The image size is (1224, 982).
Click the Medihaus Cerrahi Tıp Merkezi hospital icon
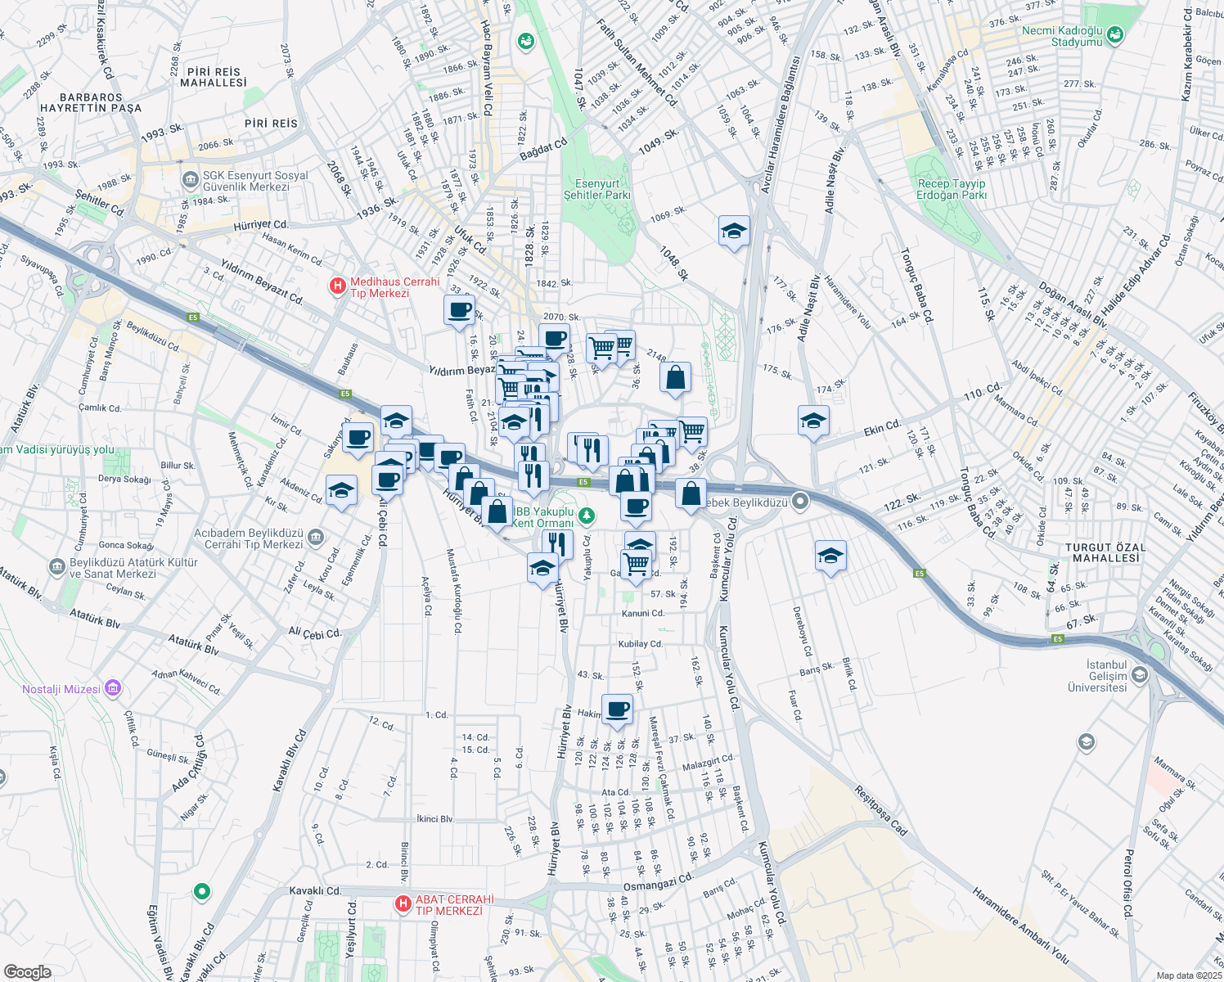[x=336, y=286]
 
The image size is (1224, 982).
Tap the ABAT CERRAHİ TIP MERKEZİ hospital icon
[x=402, y=903]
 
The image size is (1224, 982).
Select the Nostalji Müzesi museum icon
[x=113, y=688]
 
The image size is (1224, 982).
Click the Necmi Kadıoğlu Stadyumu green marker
[x=1114, y=35]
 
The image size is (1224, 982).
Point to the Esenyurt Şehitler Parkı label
[x=597, y=189]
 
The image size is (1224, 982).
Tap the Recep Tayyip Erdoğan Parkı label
[x=952, y=189]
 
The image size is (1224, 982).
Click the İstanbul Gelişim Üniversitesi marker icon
[x=1140, y=675]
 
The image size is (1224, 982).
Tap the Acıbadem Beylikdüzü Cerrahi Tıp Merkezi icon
[x=317, y=538]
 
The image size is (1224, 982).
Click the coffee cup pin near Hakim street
[x=617, y=709]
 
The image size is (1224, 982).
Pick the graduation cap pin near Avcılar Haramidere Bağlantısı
[x=733, y=232]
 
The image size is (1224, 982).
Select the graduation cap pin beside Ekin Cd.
[x=812, y=421]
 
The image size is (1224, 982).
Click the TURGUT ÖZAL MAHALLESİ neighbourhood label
[x=1106, y=552]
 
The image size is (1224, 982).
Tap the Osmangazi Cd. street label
[x=659, y=882]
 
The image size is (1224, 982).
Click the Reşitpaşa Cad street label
[x=880, y=811]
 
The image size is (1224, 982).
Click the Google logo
[x=28, y=971]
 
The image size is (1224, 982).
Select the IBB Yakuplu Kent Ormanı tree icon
[x=586, y=516]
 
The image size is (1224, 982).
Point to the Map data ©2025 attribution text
[x=1188, y=975]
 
